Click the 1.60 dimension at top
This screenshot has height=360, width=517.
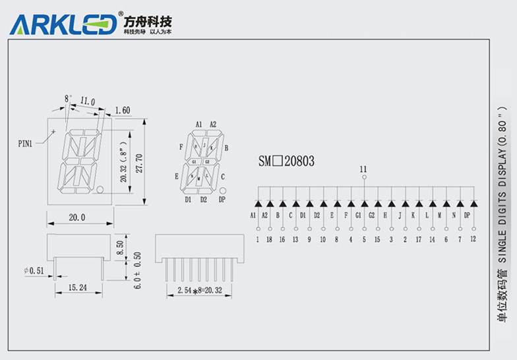pyautogui.click(x=122, y=110)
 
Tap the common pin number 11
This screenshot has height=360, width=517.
pyautogui.click(x=363, y=170)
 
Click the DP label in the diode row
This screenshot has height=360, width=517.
pyautogui.click(x=467, y=216)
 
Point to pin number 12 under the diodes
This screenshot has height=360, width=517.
pyautogui.click(x=472, y=239)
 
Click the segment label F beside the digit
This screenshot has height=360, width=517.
pyautogui.click(x=181, y=147)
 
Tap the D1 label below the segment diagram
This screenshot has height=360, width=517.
pyautogui.click(x=188, y=199)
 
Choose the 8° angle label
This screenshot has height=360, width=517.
pyautogui.click(x=67, y=98)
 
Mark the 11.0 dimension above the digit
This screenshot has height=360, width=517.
pyautogui.click(x=87, y=102)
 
